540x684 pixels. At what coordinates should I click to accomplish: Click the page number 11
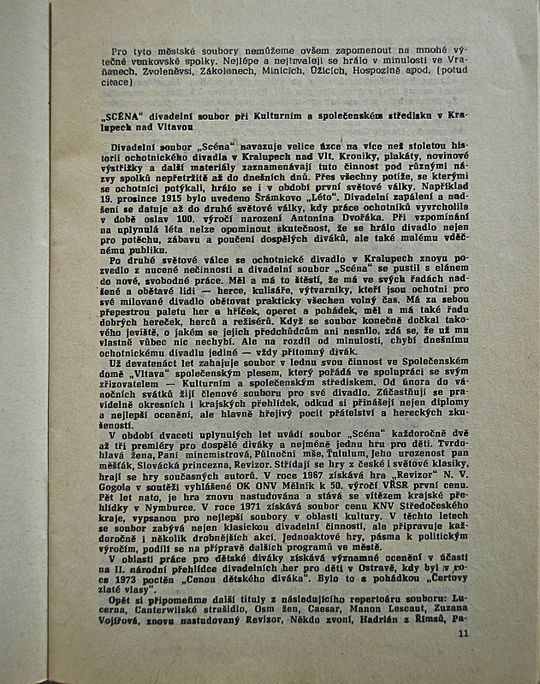coord(463,634)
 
